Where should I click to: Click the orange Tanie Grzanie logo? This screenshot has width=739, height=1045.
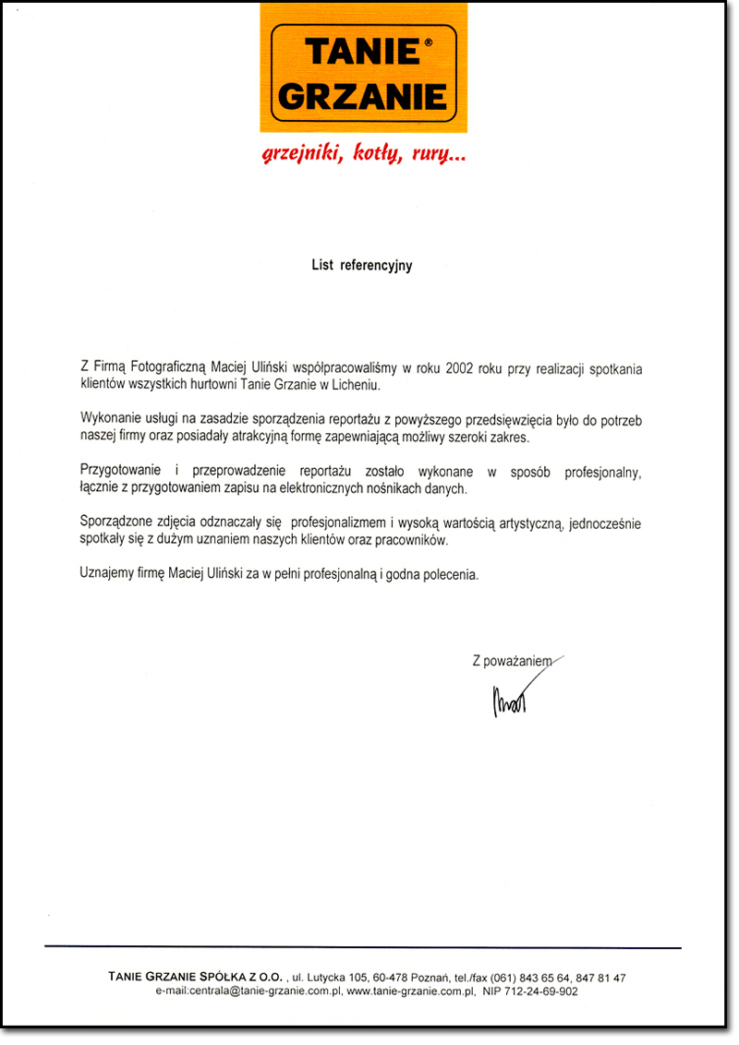(362, 70)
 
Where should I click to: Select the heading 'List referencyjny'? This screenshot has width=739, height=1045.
(361, 266)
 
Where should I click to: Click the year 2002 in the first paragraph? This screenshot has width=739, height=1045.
(459, 368)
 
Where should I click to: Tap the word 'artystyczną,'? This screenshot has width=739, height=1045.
(520, 524)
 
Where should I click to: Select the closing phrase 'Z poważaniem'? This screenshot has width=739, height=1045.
(511, 661)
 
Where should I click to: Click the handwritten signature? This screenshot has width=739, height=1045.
(507, 699)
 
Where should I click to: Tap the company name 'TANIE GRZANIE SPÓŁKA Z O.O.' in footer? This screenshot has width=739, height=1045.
(197, 977)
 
